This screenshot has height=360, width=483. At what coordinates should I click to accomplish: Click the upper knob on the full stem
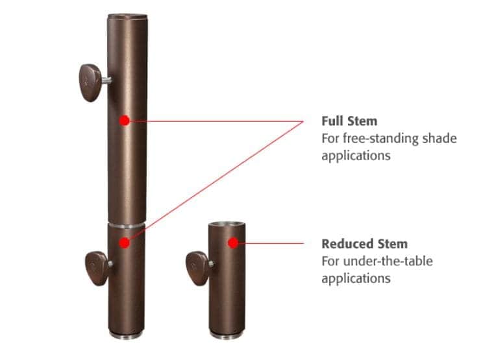point(90,82)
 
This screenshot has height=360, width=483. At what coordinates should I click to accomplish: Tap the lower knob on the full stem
point(96,269)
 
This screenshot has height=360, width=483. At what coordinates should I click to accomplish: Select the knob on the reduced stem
point(197,269)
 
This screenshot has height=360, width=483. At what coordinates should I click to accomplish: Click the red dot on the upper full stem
point(125,121)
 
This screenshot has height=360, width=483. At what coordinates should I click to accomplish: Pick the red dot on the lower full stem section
point(125,243)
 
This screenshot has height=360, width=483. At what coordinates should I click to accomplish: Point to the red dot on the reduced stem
point(233,243)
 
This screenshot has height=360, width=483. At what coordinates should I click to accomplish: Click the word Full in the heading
point(332,121)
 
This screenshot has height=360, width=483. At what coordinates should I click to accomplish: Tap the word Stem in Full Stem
point(362,121)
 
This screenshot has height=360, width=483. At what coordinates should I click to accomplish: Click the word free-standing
point(380,138)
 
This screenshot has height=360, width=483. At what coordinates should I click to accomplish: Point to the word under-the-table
point(388,261)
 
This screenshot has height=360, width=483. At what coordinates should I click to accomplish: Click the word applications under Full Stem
point(356,156)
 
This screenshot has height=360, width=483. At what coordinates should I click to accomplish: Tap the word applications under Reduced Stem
point(356,279)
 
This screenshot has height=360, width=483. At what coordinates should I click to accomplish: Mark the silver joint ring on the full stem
point(127,226)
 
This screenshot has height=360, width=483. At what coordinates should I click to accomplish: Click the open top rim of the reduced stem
point(227,224)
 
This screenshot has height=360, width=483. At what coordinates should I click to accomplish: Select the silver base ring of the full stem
point(127,335)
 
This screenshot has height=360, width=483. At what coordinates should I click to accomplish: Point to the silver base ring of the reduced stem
point(227,335)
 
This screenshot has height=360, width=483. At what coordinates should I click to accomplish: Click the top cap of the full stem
point(127,16)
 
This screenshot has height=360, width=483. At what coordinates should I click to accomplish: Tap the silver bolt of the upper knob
point(106,80)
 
